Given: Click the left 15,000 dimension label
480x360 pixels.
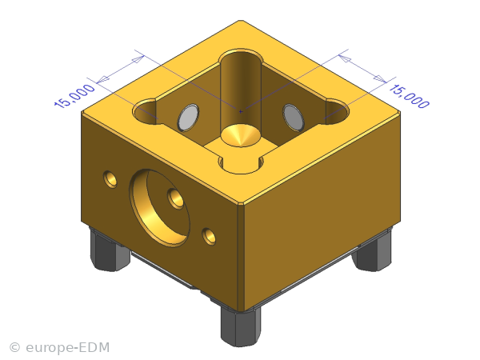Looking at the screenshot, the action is (x=74, y=96).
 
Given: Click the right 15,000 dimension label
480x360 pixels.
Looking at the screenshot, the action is (x=409, y=96).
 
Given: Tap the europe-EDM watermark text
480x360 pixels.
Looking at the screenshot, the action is (x=68, y=348).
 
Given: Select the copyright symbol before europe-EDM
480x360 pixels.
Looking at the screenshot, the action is (x=14, y=348).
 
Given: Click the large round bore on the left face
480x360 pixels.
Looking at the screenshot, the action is (x=159, y=208).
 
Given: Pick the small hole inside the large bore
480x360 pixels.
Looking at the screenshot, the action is (x=176, y=198).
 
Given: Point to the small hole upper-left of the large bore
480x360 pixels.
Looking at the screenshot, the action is (x=110, y=179).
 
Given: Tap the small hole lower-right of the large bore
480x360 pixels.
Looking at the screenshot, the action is (x=209, y=236).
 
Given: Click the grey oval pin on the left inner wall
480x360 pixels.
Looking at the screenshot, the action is (x=188, y=118).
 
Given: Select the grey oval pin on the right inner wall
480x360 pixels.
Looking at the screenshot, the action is (x=294, y=118).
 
